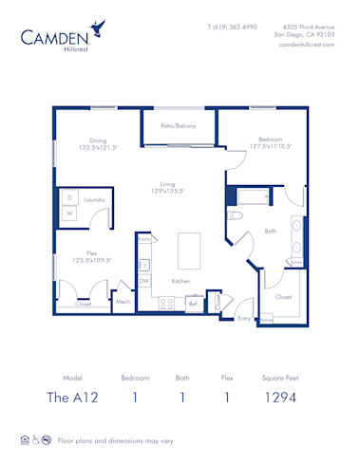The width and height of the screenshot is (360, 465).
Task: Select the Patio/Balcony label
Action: coord(178,124)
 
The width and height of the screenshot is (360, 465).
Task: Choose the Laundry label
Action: coord(94,200)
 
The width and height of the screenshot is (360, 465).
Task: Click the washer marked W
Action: coord(69,214)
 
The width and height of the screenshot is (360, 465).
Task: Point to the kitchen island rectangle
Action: coord(189,251)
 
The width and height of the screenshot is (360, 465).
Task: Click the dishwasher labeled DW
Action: coord(144,281)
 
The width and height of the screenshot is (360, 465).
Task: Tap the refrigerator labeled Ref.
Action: coord(193,304)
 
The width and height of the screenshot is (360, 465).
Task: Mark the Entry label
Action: coord(244,318)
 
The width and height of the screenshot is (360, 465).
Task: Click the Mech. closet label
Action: coord(123,302)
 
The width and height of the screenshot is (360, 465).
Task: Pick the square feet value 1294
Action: coord(279,397)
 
